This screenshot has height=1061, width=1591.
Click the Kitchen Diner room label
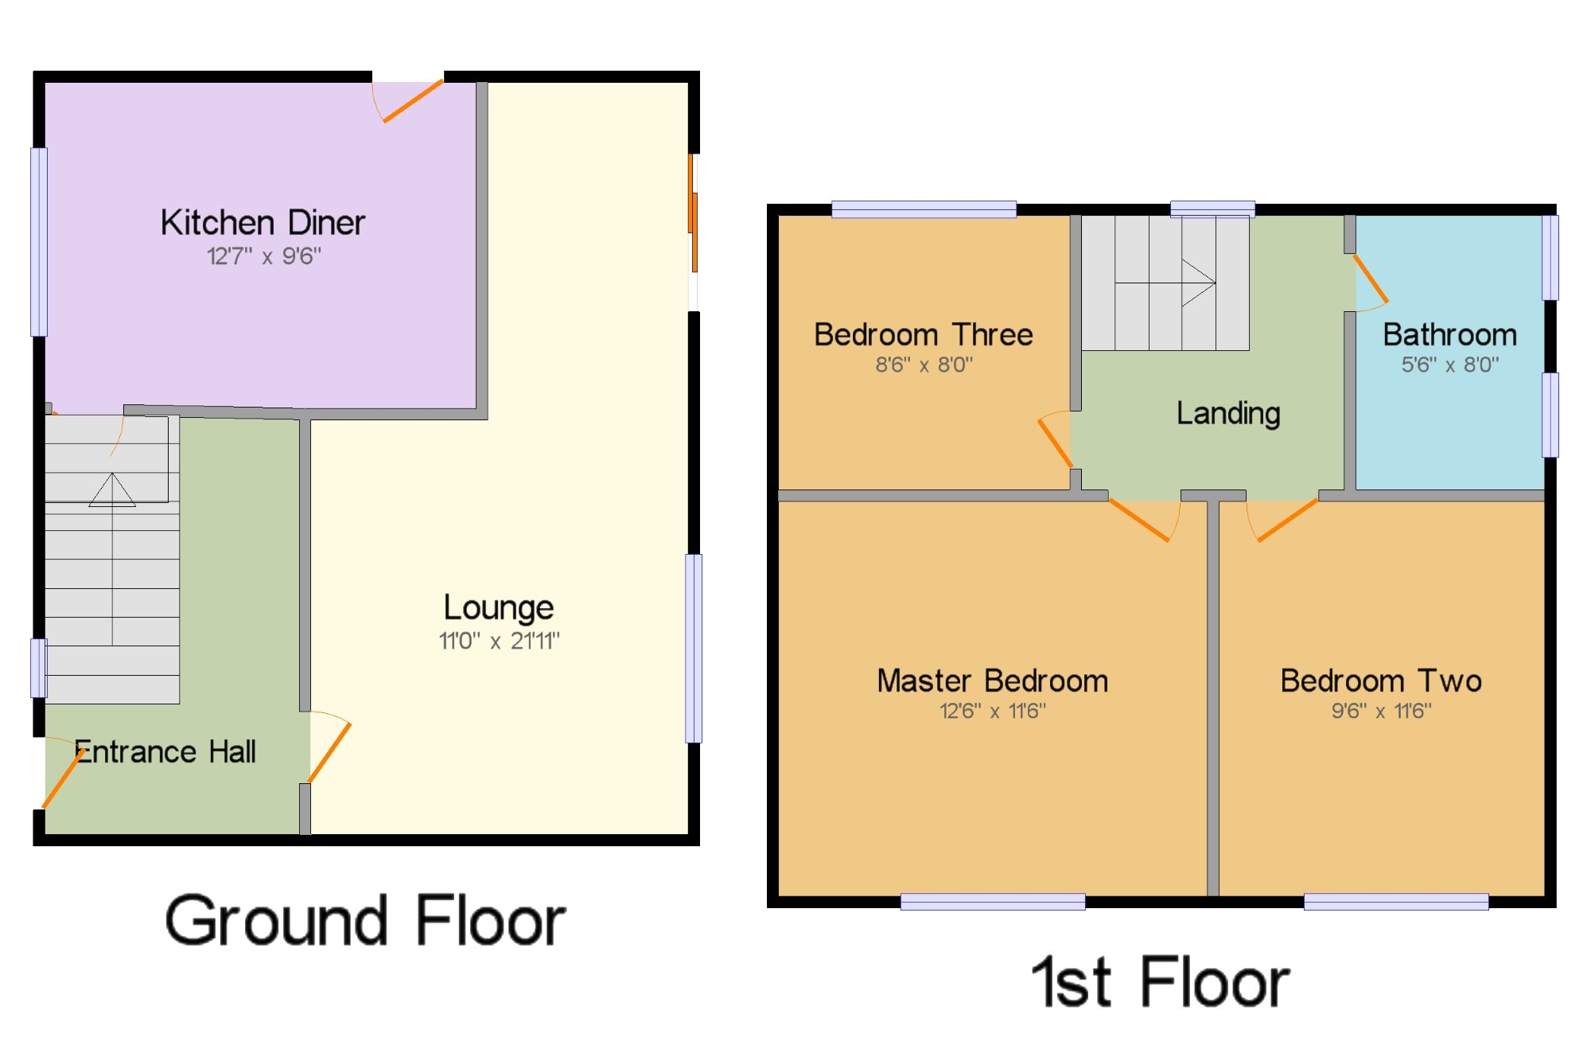coord(263,222)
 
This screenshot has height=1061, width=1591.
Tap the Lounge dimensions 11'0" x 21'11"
coord(500,641)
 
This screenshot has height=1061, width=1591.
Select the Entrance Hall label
coord(165,751)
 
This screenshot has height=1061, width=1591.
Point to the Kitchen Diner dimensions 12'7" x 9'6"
coord(264,256)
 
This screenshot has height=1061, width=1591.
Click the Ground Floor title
coord(365,920)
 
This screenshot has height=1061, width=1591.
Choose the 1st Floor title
coord(1161,982)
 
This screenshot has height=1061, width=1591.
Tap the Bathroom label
coord(1449,334)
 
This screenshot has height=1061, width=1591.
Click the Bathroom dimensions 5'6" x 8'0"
coord(1450,365)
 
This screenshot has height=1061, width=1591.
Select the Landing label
coord(1228,414)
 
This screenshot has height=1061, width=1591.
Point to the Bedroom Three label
coord(924,334)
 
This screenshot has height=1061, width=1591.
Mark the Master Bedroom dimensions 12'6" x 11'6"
coord(993,711)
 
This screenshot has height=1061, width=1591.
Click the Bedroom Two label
coord(1381,681)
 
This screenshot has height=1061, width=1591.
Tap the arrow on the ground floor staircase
coord(112,490)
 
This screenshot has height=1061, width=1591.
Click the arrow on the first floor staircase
coord(1199,283)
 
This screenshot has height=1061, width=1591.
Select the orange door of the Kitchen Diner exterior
coord(413,101)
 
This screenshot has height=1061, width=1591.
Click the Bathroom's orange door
coord(1371,279)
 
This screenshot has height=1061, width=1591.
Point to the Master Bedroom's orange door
coord(1139,521)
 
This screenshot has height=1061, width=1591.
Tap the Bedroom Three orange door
coord(1056,443)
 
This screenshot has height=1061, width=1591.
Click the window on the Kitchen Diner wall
coord(39,242)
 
